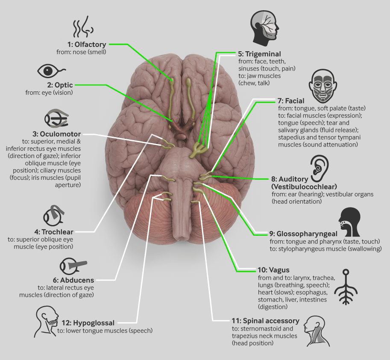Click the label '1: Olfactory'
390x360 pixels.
87,44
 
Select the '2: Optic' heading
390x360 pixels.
60,85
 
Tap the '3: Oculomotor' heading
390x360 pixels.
56,134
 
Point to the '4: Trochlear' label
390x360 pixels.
54,232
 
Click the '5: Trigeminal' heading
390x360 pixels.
259,54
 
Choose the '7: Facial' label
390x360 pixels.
291,101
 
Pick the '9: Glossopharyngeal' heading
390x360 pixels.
303,234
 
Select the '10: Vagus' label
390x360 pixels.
273,270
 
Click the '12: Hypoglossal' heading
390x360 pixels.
88,323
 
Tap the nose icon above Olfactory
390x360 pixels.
83,26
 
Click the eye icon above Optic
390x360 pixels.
52,71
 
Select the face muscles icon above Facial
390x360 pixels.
323,86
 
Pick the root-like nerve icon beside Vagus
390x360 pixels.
346,287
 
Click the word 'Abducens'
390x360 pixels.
77,280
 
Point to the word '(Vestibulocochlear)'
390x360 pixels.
304,187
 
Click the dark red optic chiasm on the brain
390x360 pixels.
182,126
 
